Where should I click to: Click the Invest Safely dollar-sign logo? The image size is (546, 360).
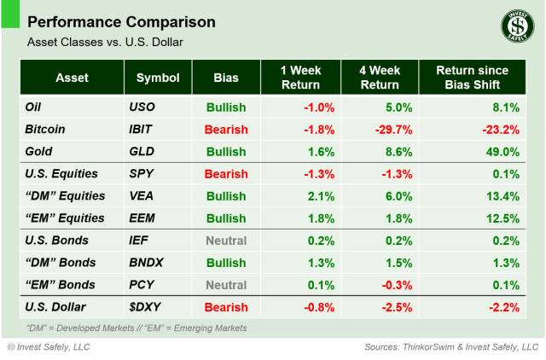[513, 26]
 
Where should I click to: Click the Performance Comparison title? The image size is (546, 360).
[121, 21]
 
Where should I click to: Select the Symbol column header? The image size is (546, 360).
[158, 78]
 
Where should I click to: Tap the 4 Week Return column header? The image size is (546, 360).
[379, 78]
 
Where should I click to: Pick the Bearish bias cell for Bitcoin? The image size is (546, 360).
[225, 130]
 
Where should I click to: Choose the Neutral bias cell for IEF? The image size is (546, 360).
[225, 241]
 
